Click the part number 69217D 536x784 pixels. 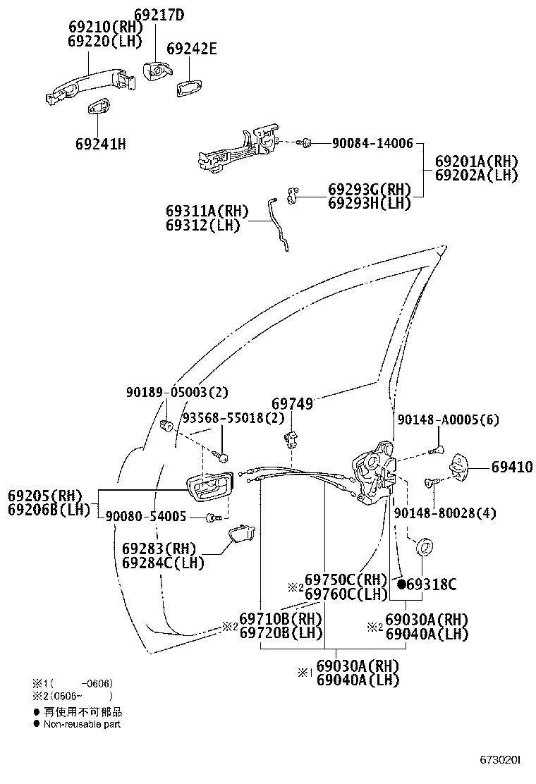point(159,14)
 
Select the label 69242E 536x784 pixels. point(191,49)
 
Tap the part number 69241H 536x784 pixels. point(100,144)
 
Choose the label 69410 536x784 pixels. point(512,467)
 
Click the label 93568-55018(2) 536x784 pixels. point(233,418)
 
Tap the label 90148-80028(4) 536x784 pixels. point(444,513)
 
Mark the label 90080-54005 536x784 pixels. point(146,517)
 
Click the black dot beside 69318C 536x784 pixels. point(401,584)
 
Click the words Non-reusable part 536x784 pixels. point(82,724)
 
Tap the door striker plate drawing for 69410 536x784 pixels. point(463,465)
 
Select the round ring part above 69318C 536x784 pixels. point(425,547)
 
